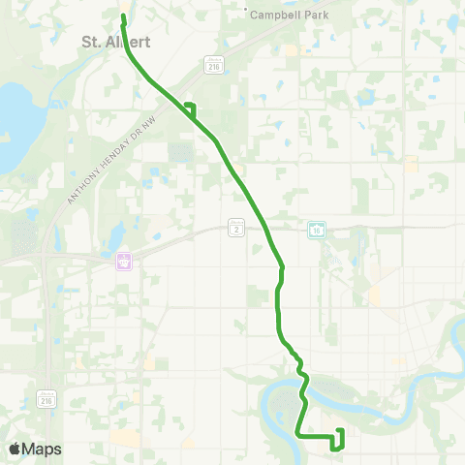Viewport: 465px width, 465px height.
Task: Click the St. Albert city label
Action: coord(108,42)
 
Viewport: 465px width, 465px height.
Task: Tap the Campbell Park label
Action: coord(290,15)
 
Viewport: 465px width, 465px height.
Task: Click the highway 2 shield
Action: coord(236,227)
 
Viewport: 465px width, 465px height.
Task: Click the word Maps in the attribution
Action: coord(42,449)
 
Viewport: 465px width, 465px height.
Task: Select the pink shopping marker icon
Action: coord(124,262)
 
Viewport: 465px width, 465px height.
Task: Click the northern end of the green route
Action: coord(123,17)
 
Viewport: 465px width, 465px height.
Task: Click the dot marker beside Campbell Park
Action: coord(245,13)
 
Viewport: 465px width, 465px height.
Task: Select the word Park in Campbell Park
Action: coord(315,15)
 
